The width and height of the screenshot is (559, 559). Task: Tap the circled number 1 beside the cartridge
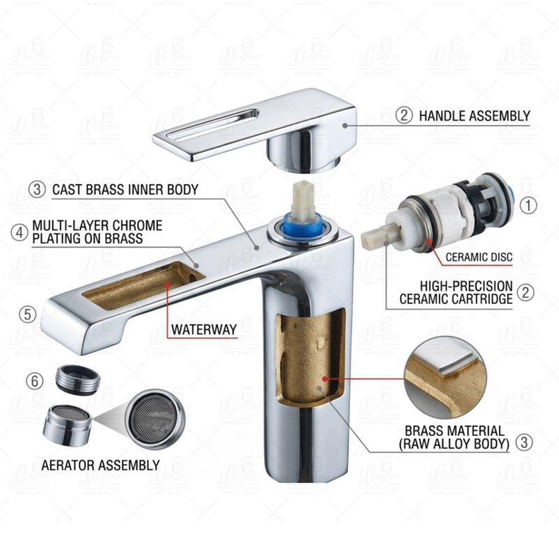coord(530,205)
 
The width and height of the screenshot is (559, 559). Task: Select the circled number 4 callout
coord(20,232)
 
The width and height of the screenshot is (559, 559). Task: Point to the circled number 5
coord(28,314)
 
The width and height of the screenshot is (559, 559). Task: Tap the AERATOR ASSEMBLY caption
coord(100,465)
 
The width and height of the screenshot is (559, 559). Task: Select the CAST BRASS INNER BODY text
coord(125,189)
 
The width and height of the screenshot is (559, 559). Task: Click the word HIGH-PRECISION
coord(466,286)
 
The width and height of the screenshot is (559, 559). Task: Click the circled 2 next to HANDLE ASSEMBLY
coord(404,116)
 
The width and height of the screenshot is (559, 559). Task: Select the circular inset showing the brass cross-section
coord(446,377)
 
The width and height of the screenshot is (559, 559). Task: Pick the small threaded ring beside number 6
coord(77,379)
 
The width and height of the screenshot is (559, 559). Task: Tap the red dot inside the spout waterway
coord(167,284)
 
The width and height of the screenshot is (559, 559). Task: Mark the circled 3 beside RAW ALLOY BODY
coord(523,442)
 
